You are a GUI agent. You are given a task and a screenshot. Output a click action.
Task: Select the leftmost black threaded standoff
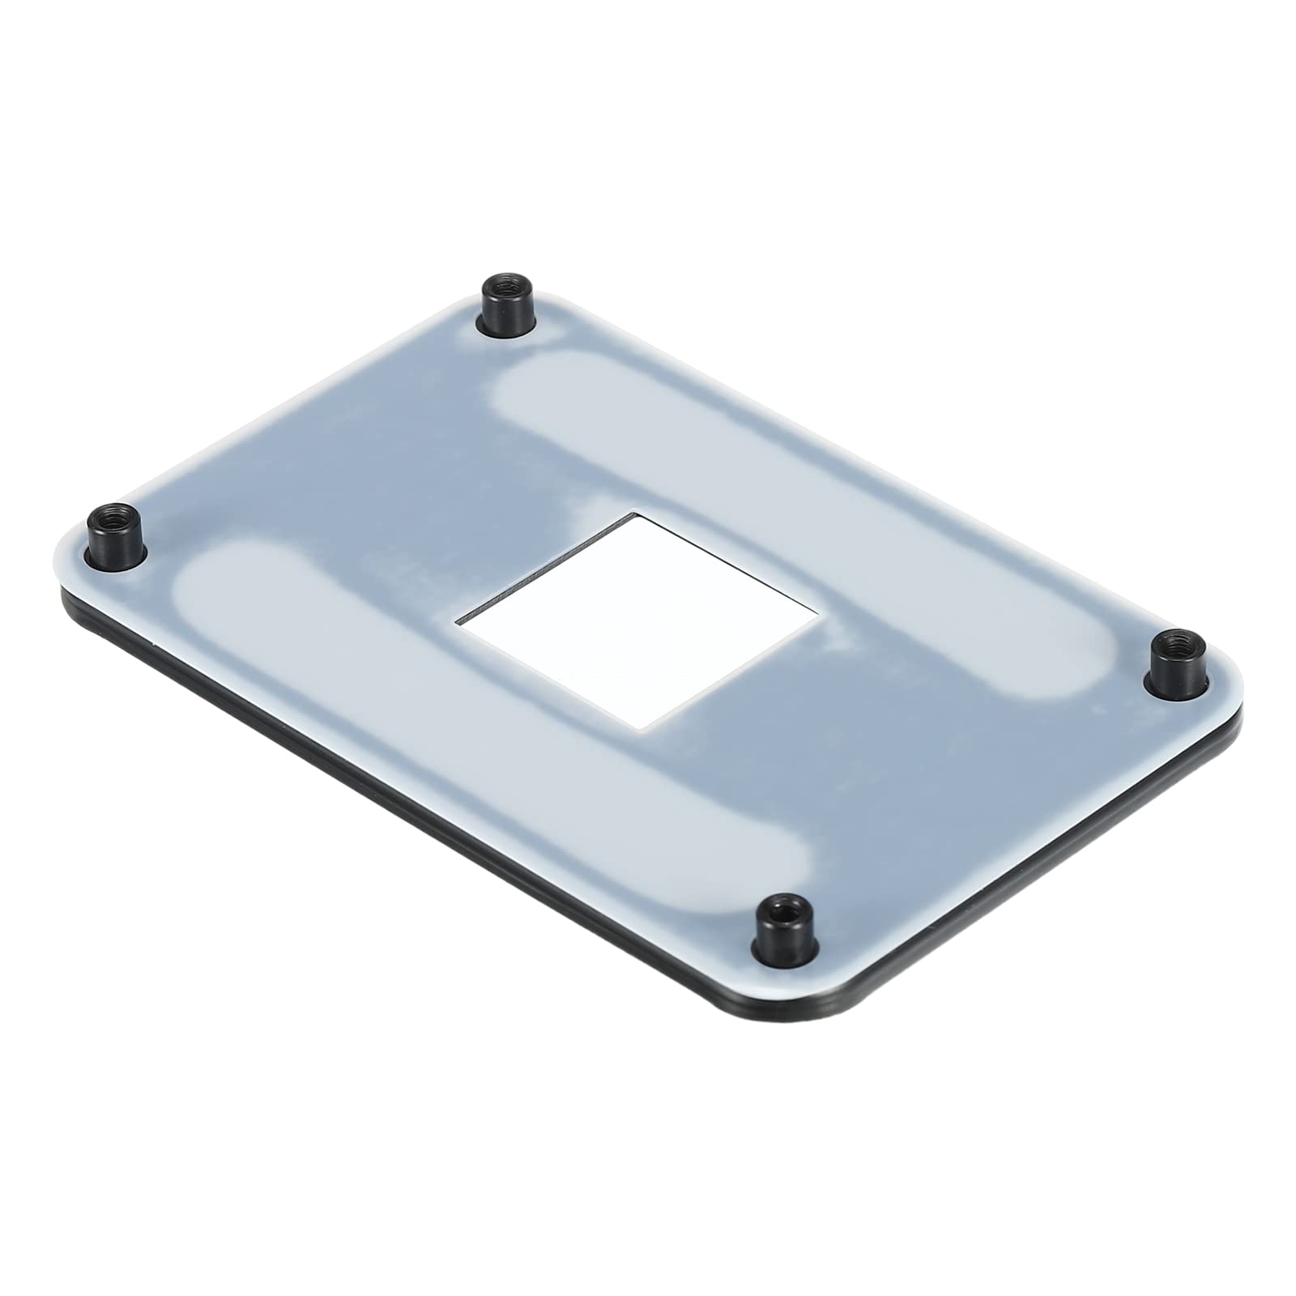[114, 535]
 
